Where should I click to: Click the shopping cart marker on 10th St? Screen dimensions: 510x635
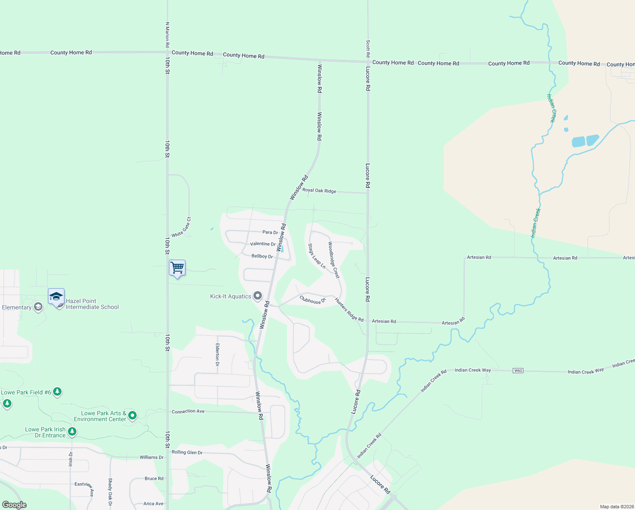[x=177, y=268]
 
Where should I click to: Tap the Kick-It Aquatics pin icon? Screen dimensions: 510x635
[x=257, y=296]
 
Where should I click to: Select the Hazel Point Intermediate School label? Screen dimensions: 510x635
[x=92, y=304]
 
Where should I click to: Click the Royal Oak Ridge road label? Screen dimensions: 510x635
[x=319, y=191]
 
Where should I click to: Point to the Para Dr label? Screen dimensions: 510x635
[x=270, y=232]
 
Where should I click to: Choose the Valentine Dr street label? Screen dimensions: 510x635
[x=263, y=244]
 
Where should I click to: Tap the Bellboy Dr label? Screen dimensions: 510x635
[x=262, y=256]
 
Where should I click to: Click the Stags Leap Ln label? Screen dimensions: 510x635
[x=317, y=256]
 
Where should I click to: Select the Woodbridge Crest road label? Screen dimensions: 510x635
[x=334, y=260]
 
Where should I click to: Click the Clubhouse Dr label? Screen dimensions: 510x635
[x=312, y=300]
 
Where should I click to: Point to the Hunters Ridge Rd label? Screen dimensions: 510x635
[x=349, y=309]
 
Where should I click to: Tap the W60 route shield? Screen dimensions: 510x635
[x=518, y=371]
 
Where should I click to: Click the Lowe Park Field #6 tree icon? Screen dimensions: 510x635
[x=57, y=392]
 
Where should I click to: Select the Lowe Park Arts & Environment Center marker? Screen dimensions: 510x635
[x=132, y=415]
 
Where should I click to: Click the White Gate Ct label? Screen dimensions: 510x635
[x=182, y=227]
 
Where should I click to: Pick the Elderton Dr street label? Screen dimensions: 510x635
[x=217, y=355]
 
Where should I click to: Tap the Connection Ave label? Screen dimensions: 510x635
[x=188, y=411]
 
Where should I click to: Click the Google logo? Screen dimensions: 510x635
[x=14, y=505]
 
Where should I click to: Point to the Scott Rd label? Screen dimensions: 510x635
[x=368, y=49]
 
